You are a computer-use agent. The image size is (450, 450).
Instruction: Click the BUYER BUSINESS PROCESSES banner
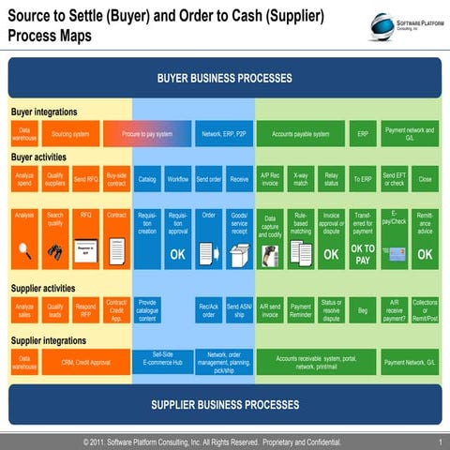224,77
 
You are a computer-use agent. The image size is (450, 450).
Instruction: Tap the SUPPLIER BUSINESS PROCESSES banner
224,405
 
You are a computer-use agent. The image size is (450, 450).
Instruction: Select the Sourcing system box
70,134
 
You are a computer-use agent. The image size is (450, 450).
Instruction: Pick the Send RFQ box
85,178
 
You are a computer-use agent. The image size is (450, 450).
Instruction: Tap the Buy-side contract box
116,178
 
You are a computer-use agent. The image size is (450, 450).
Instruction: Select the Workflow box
178,178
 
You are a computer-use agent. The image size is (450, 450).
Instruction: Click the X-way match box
300,178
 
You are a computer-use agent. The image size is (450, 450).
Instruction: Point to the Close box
425,178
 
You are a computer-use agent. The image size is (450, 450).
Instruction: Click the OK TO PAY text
363,254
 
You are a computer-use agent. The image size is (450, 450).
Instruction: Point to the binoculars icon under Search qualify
55,251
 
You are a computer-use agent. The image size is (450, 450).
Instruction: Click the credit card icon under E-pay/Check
394,253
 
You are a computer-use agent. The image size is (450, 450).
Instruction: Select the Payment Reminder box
300,310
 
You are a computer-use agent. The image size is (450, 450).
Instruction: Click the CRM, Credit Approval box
86,362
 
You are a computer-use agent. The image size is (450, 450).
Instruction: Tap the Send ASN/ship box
239,310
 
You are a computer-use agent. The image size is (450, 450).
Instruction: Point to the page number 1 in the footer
440,441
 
